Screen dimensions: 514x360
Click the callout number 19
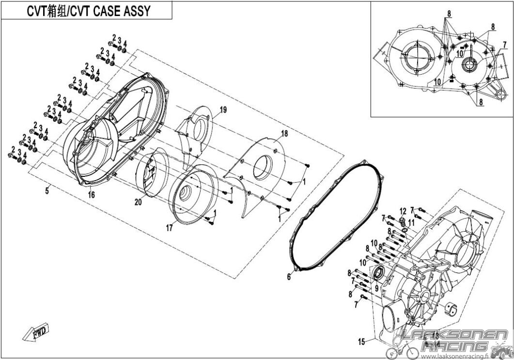(223, 110)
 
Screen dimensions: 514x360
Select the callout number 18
(284, 133)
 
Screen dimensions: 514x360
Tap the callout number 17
(169, 228)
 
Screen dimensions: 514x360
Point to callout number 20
(139, 203)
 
